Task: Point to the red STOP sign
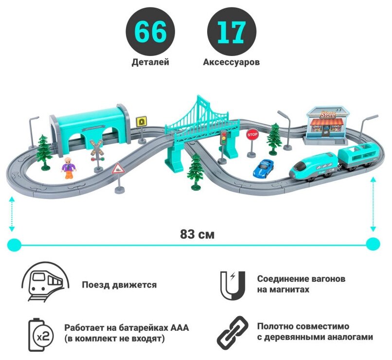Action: pos(252,135)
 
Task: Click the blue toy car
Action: pos(264,167)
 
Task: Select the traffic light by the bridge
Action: pos(224,139)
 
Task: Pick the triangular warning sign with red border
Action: pos(118,169)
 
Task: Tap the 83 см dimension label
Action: pos(197,234)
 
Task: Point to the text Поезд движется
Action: pos(119,285)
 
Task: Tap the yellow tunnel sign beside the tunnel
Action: pos(143,121)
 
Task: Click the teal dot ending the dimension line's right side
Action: pos(373,244)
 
